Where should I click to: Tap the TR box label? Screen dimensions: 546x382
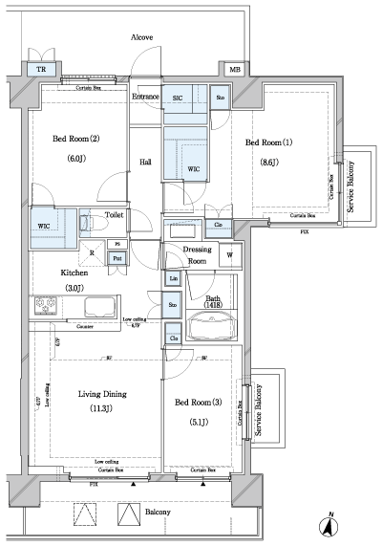click(x=40, y=71)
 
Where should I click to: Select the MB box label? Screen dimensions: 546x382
click(x=234, y=70)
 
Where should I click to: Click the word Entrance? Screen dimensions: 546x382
click(x=145, y=97)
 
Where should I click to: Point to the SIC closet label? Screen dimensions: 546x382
click(x=178, y=97)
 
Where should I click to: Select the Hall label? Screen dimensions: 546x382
click(x=145, y=163)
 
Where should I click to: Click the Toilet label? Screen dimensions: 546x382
click(x=114, y=216)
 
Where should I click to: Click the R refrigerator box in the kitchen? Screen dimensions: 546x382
click(x=91, y=253)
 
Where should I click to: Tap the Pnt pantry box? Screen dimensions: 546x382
click(x=117, y=258)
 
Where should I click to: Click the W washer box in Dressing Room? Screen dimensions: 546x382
click(x=229, y=256)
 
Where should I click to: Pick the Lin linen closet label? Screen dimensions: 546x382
click(x=173, y=279)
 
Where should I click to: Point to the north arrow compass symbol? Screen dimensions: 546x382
click(x=328, y=524)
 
